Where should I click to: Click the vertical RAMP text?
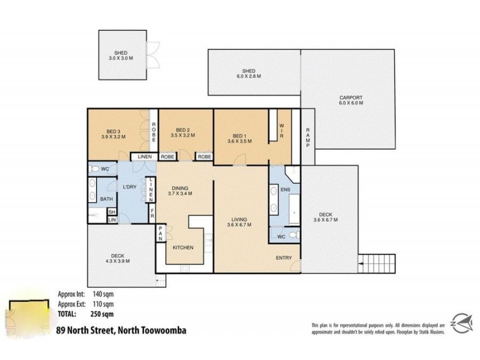pyautogui.click(x=307, y=139)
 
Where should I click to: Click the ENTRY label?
pyautogui.click(x=284, y=258)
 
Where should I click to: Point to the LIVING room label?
pyautogui.click(x=239, y=222)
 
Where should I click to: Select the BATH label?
pyautogui.click(x=106, y=199)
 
